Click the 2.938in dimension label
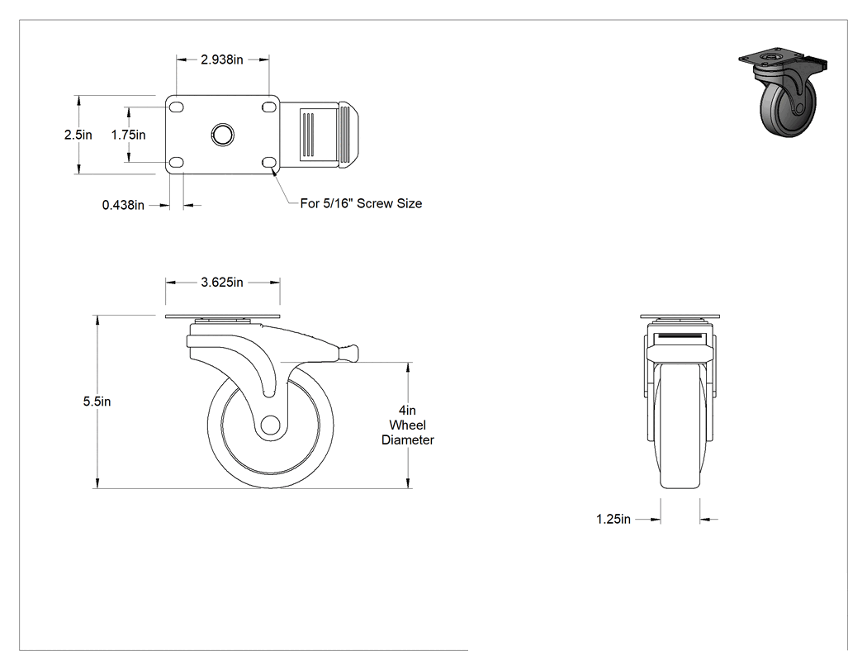pos(222,59)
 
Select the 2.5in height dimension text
pos(78,135)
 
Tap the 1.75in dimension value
pos(128,135)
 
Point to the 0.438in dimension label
pos(123,205)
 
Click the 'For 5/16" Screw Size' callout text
pos(361,203)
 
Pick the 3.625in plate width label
pos(222,283)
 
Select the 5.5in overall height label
pos(97,402)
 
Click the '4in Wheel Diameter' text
pos(408,425)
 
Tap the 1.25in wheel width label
pos(614,519)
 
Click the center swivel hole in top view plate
pos(223,135)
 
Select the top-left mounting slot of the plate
pos(177,106)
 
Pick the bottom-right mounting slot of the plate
pos(269,162)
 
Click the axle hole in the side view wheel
pos(270,425)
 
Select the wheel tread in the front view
pos(680,426)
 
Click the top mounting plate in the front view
pos(680,316)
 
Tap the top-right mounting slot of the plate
pos(269,106)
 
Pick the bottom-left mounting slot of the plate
pos(177,162)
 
